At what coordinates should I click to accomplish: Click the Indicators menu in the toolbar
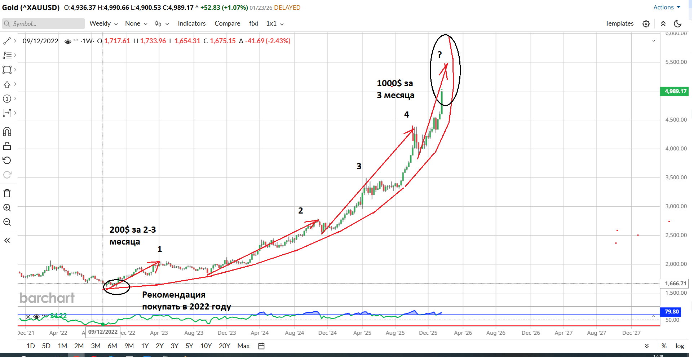pos(191,23)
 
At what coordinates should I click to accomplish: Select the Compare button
pos(227,23)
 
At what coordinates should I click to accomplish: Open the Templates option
pos(619,23)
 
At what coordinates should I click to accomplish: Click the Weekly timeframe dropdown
pos(103,23)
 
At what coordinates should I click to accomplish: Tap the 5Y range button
pos(189,346)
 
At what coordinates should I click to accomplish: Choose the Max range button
pos(243,346)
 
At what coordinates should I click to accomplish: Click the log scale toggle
pos(680,346)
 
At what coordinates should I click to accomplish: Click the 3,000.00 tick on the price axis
pos(676,206)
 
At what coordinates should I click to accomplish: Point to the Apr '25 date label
pos(362,333)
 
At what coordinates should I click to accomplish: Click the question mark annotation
pos(439,55)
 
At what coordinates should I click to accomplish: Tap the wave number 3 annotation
pos(359,166)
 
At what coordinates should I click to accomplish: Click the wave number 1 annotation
pos(160,249)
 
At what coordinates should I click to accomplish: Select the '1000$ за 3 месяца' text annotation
pos(396,89)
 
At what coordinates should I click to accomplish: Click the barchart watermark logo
pos(47,298)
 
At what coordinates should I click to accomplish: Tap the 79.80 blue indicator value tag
pos(671,312)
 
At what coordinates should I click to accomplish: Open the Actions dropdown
pos(667,7)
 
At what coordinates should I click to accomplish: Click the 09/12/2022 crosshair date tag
pos(103,332)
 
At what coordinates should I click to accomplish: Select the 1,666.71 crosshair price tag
pos(675,284)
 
